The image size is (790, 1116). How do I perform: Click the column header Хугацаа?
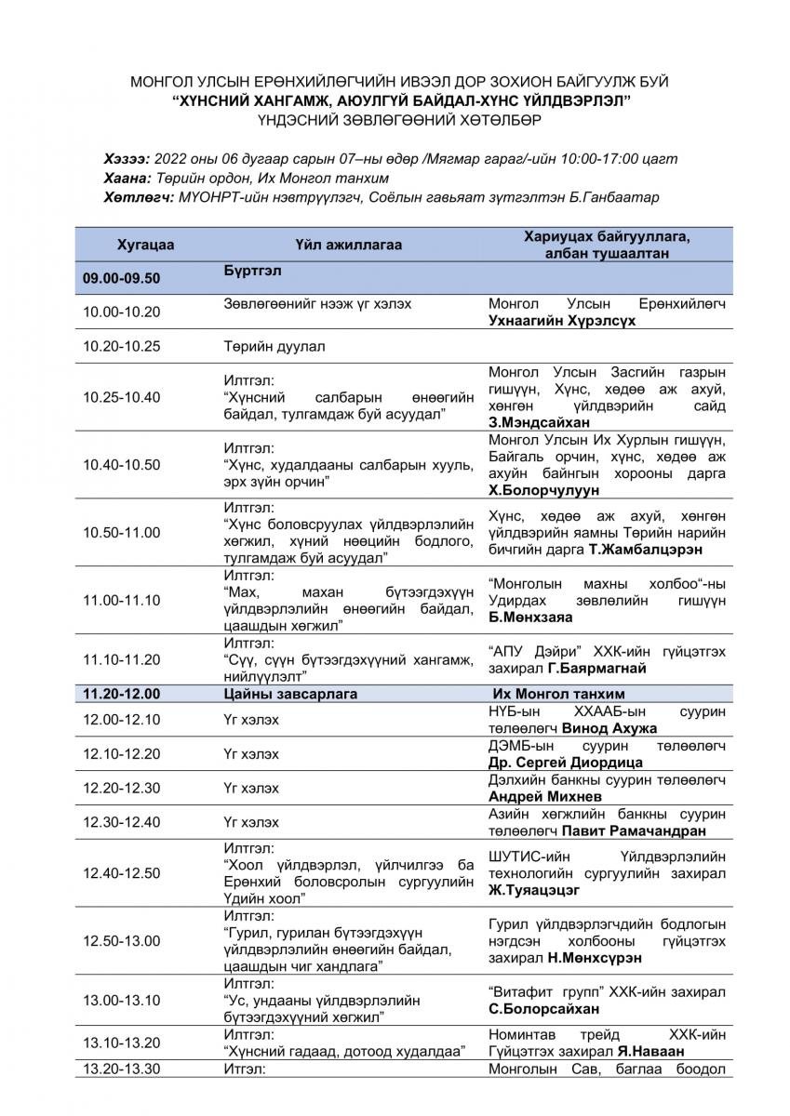[146, 246]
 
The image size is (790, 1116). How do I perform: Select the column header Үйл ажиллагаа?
[342, 246]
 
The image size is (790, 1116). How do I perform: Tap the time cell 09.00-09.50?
[121, 277]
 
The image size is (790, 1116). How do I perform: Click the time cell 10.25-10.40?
[121, 397]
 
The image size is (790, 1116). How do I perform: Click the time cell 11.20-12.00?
[121, 694]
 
